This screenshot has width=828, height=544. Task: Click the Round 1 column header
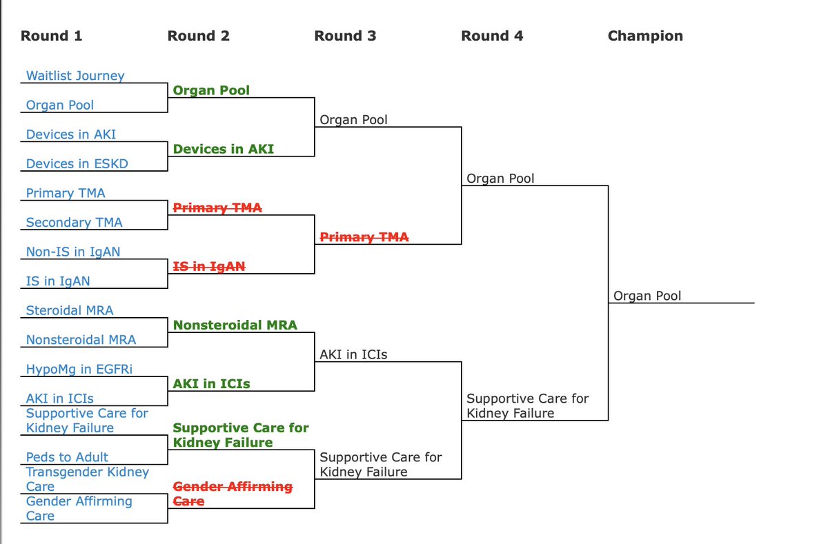click(51, 36)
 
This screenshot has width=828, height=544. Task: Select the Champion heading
click(645, 36)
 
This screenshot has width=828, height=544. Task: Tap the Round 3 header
click(345, 36)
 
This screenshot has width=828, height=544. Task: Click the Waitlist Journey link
click(75, 76)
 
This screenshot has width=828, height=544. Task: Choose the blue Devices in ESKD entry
click(77, 164)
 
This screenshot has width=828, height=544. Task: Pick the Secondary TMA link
click(74, 223)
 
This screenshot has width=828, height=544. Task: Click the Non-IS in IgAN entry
click(72, 252)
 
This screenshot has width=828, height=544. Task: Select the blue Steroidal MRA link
click(70, 311)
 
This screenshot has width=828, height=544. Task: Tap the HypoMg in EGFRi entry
click(79, 370)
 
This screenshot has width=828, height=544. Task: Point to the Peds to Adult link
click(67, 457)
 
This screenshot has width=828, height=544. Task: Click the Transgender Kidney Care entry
click(87, 479)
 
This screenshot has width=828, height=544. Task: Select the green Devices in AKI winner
click(223, 149)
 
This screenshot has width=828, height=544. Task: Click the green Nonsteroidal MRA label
click(235, 325)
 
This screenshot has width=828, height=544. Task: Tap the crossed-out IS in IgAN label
click(208, 266)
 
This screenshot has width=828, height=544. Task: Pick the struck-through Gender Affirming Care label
click(232, 494)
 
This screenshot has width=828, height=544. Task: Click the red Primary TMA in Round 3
click(364, 237)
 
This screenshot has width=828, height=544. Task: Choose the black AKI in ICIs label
click(353, 355)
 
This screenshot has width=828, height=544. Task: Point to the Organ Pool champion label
click(647, 296)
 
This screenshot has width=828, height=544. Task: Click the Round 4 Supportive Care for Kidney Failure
click(527, 405)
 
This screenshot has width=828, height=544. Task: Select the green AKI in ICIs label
click(211, 384)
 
